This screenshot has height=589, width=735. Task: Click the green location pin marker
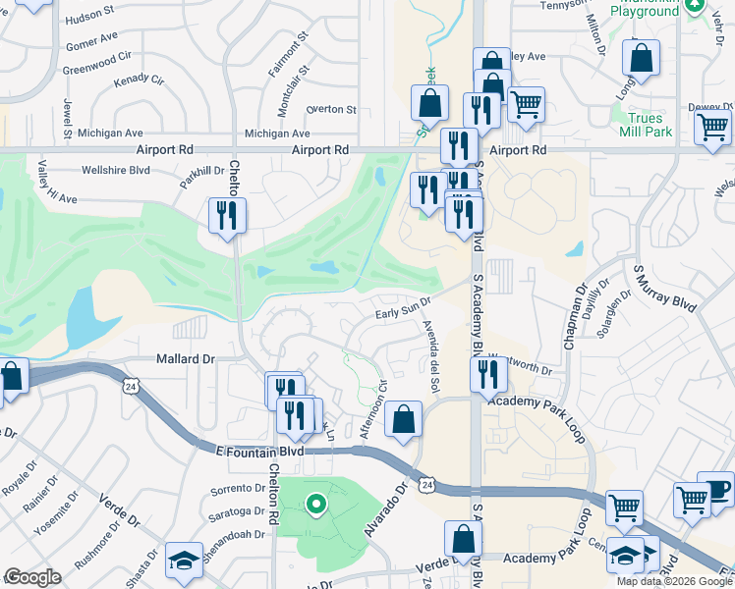[x=315, y=506]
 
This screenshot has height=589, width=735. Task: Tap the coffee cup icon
[x=716, y=488]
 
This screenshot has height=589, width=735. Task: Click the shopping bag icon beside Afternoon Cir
[x=402, y=420]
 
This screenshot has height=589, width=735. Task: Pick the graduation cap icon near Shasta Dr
[x=183, y=560]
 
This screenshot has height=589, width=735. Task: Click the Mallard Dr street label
[x=184, y=359]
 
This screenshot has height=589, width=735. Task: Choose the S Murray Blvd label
[x=664, y=288]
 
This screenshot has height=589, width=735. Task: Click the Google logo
[x=32, y=577]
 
